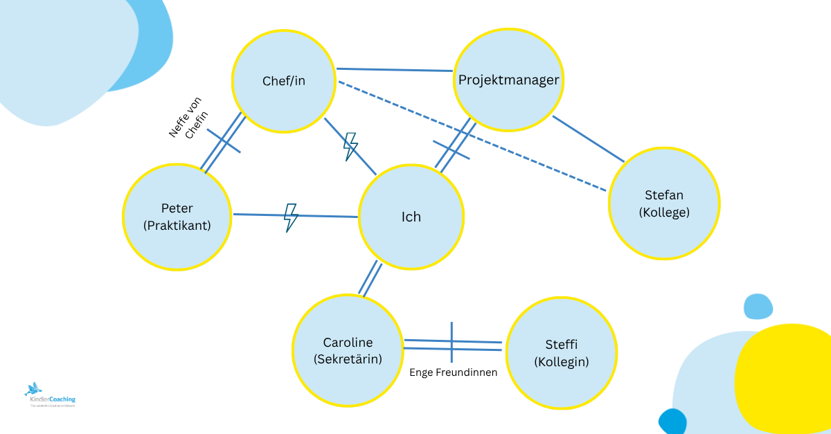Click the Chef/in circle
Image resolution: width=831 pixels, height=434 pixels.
tap(283, 82)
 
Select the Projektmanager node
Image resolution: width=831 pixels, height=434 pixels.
tap(508, 80)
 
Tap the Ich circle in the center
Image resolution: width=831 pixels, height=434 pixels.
tap(411, 217)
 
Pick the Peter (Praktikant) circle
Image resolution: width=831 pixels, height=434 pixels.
tap(177, 216)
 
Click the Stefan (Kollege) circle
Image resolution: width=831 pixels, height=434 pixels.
tap(664, 204)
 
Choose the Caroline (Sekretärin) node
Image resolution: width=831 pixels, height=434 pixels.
tap(348, 350)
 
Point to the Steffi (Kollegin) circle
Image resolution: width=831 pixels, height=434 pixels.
tap(561, 352)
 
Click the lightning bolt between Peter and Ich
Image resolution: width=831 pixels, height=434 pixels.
tap(291, 217)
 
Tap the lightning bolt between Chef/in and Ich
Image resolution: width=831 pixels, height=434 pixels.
tap(351, 147)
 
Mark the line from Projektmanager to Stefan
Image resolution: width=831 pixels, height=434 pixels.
tap(588, 138)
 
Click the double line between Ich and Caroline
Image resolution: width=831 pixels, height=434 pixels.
tap(370, 278)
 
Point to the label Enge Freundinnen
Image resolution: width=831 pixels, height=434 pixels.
tap(453, 372)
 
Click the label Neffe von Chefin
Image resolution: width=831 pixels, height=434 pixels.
tap(188, 119)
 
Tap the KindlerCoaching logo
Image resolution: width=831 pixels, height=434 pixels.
tap(50, 395)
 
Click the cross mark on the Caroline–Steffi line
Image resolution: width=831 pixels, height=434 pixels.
tap(452, 343)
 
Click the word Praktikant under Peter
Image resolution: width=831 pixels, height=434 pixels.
tap(177, 225)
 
